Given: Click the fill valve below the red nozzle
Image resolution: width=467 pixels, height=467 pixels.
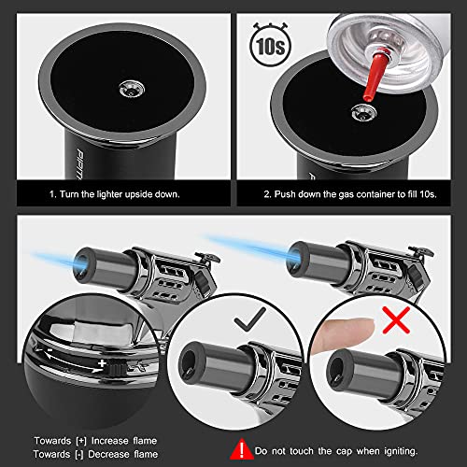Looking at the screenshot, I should pyautogui.click(x=359, y=110).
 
